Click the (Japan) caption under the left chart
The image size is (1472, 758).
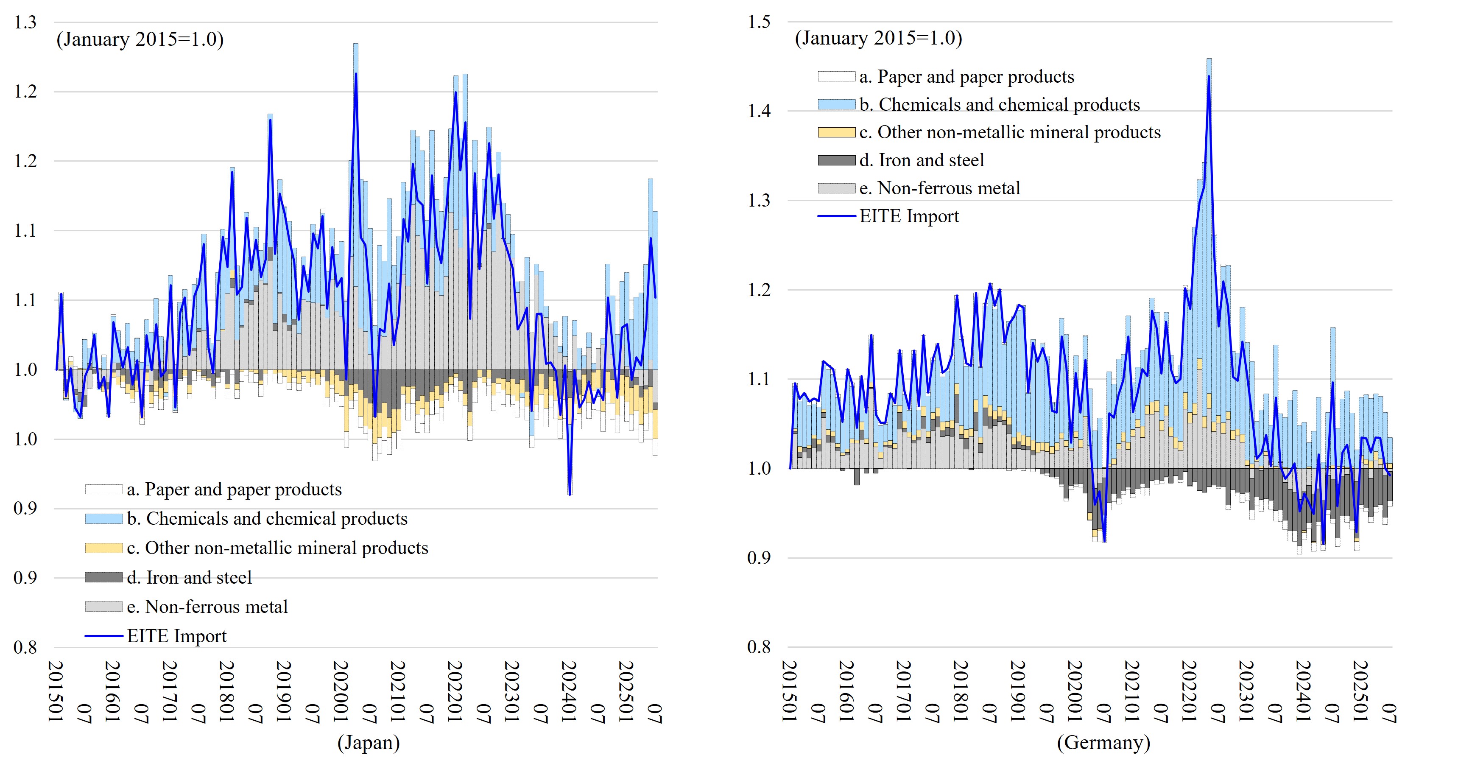[369, 743]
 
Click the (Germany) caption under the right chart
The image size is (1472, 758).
[1103, 743]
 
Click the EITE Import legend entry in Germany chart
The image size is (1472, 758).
[908, 216]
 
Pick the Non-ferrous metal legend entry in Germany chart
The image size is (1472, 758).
[949, 188]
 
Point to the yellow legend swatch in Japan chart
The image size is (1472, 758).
[104, 548]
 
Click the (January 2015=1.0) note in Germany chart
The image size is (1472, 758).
[878, 38]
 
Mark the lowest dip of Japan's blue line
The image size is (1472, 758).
[570, 494]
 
